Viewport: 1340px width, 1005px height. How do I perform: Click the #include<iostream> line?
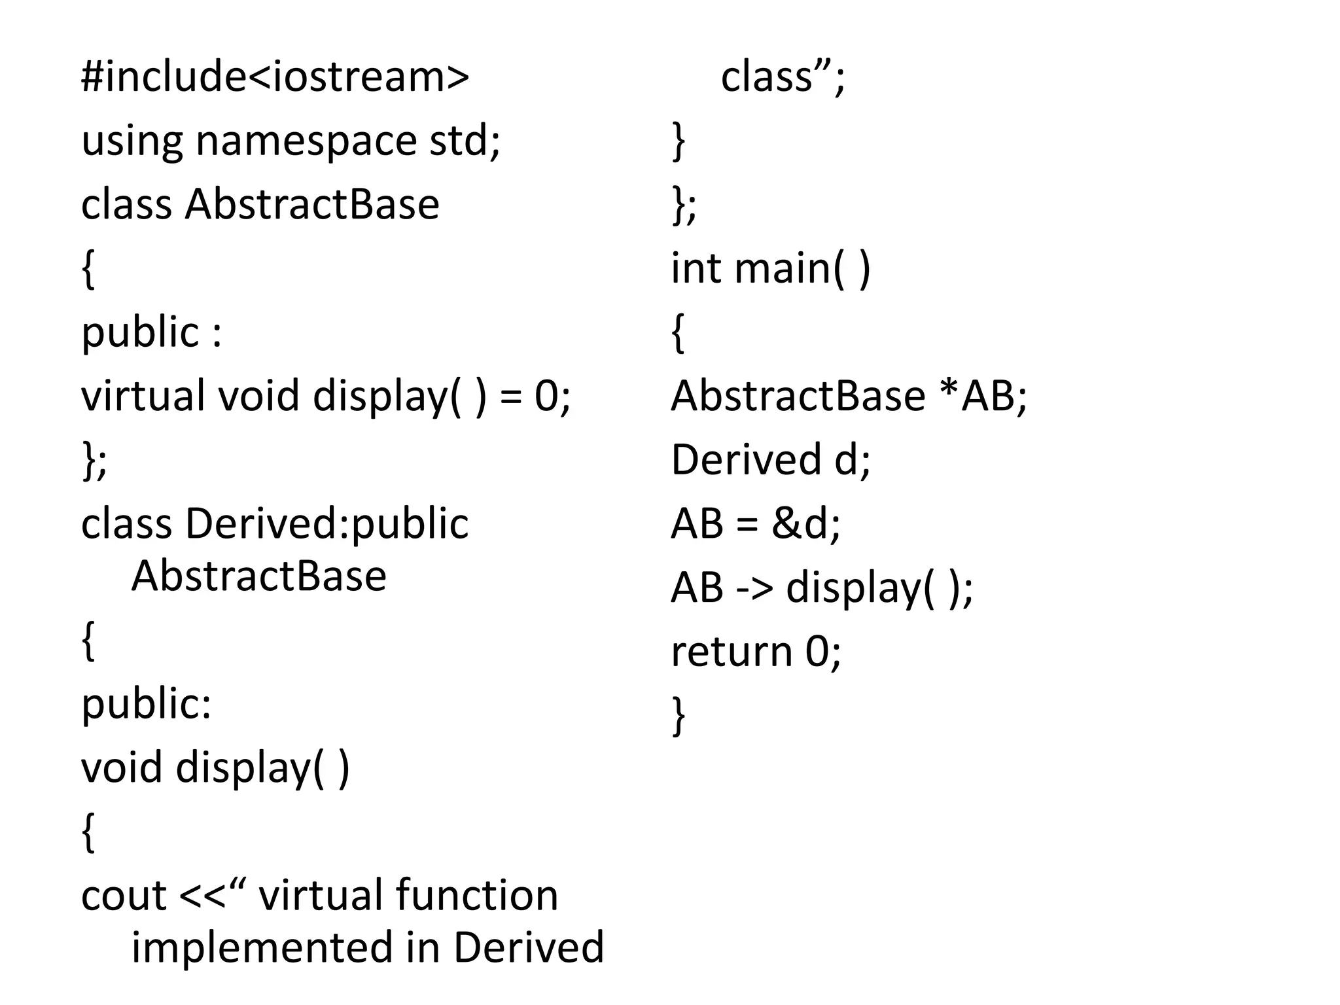coord(275,77)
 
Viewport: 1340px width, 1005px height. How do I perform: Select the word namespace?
coord(306,141)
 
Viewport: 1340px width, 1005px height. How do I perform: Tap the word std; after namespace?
coord(465,141)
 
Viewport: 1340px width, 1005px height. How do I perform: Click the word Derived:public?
coord(327,525)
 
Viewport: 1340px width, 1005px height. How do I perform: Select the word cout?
coord(123,896)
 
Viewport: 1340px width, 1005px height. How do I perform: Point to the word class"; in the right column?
coord(783,77)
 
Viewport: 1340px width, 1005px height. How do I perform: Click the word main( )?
coord(802,269)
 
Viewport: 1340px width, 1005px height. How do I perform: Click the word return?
coord(732,652)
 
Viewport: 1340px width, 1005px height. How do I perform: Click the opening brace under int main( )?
coord(679,334)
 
